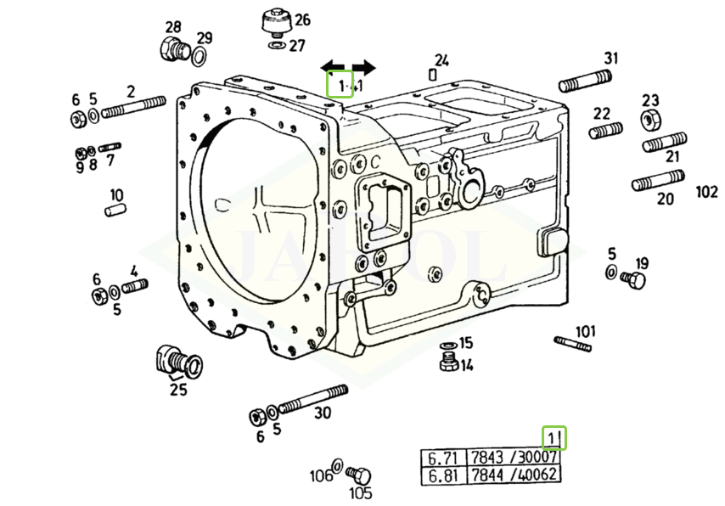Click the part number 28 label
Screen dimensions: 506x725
173,27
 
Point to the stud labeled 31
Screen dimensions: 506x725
584,82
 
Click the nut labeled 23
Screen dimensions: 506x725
650,119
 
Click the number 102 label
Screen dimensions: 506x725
706,192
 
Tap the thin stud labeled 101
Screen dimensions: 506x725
573,343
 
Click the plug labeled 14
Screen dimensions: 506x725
448,364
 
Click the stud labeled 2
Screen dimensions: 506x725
133,107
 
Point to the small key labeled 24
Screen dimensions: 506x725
433,74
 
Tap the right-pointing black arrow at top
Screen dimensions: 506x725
363,67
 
